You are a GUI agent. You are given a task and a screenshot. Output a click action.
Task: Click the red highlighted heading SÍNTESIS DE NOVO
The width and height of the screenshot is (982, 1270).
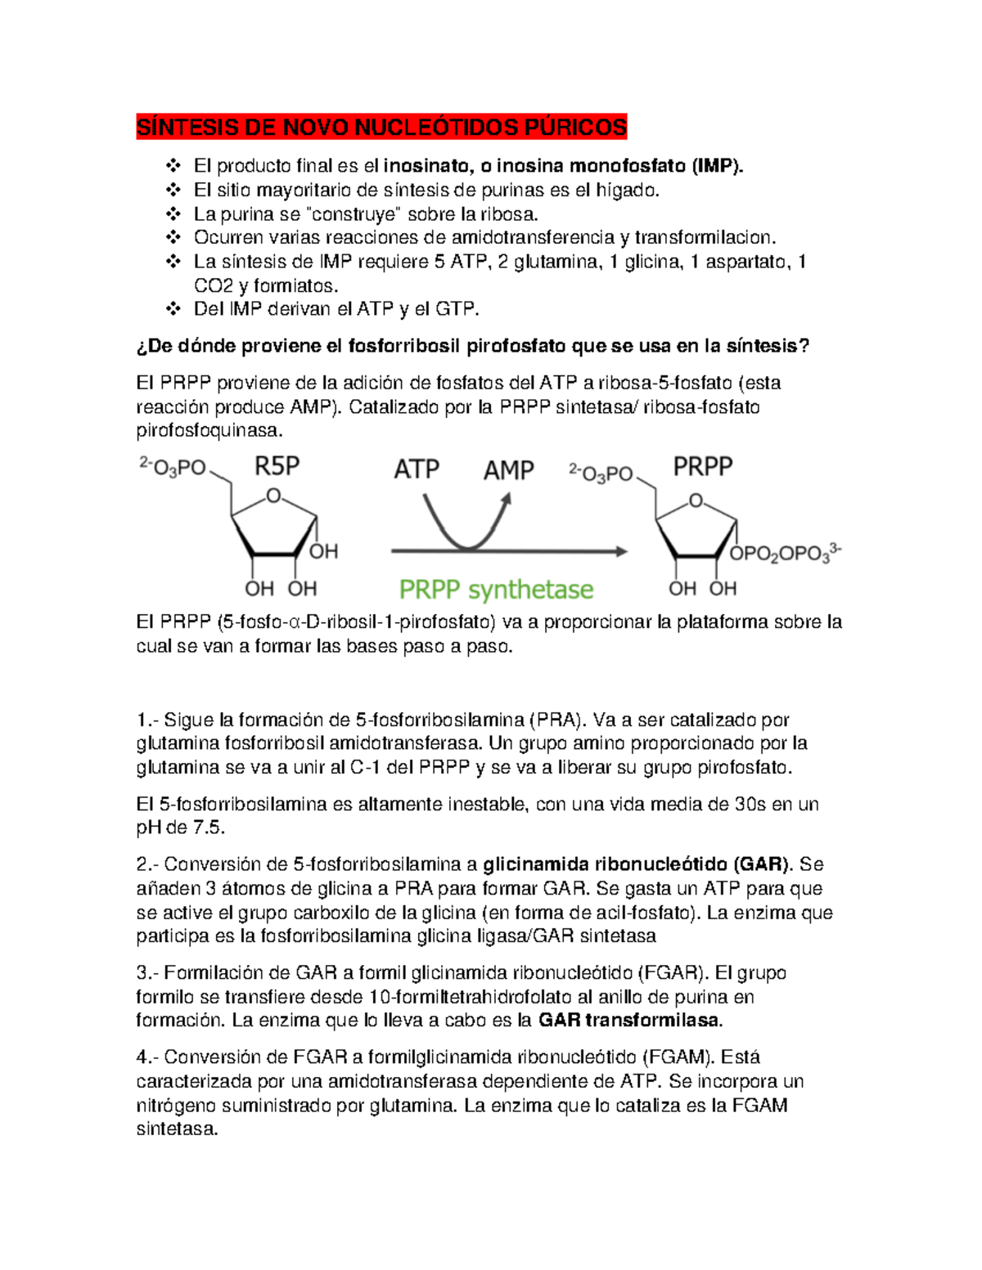(x=381, y=128)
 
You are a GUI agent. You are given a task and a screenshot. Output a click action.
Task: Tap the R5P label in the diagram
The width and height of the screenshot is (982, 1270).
(x=277, y=466)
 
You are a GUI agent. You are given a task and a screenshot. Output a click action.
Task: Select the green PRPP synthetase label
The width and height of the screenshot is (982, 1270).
(x=496, y=590)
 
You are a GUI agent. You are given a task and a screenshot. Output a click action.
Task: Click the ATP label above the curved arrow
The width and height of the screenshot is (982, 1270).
(x=417, y=469)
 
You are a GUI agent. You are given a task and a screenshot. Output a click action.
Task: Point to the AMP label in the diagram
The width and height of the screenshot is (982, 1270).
(x=508, y=470)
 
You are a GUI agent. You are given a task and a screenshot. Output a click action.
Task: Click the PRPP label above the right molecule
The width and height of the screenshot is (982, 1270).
(x=702, y=467)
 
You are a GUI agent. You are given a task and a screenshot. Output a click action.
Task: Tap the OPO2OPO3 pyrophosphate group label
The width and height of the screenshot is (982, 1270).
(x=784, y=554)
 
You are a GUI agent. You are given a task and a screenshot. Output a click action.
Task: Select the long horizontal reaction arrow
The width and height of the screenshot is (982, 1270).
(x=508, y=552)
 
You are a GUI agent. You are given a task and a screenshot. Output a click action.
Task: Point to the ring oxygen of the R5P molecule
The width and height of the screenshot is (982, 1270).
(x=274, y=496)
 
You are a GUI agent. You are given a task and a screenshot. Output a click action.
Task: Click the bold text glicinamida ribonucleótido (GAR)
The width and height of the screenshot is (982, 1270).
(x=637, y=864)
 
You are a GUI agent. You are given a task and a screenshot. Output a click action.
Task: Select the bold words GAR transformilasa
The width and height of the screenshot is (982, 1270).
(x=629, y=1020)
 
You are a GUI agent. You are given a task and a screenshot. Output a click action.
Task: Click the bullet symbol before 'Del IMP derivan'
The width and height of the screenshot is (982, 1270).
(x=173, y=309)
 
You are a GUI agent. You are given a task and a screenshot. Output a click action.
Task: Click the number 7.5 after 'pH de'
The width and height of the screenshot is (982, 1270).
(x=208, y=828)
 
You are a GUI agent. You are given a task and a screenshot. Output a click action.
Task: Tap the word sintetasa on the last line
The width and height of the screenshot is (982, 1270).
(x=177, y=1129)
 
